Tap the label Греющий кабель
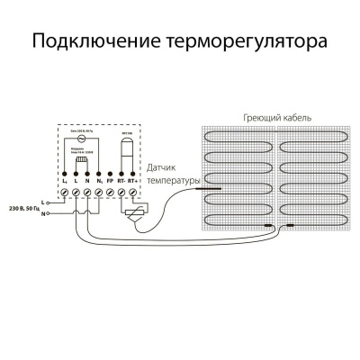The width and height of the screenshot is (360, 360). click(273, 119)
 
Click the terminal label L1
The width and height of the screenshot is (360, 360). click(64, 183)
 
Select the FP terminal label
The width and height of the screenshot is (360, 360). click(109, 183)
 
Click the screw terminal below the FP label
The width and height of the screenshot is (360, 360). click(109, 193)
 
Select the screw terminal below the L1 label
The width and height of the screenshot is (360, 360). click(64, 193)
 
